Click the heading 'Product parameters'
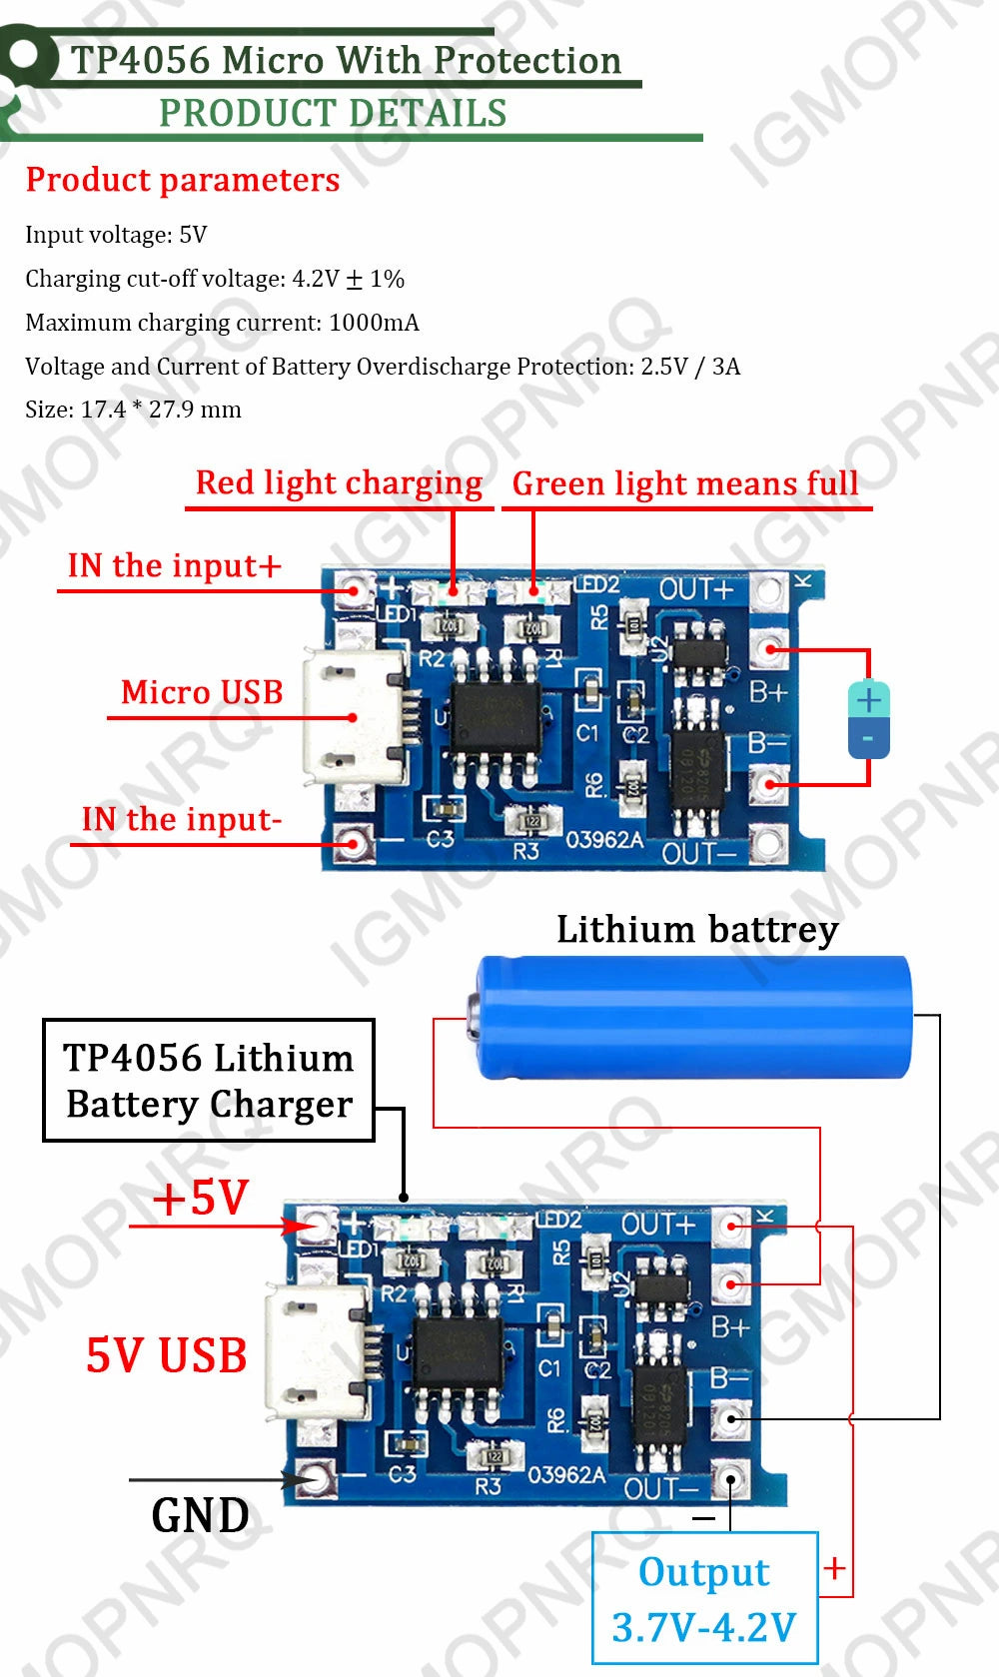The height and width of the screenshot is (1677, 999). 183,180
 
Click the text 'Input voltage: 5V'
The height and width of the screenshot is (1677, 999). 116,235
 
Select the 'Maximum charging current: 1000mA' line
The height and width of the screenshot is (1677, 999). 222,323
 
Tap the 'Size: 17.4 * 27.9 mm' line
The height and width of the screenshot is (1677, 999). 133,410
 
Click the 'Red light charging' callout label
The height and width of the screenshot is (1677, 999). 339,483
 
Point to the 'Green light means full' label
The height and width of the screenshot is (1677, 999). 685,484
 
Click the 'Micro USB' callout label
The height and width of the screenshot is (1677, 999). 202,692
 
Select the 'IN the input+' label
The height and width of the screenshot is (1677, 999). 174,566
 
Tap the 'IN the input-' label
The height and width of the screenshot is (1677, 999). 182,820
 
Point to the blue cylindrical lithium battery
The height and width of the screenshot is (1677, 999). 693,1017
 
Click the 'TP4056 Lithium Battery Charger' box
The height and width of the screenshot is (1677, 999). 209,1081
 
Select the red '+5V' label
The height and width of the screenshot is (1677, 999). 201,1198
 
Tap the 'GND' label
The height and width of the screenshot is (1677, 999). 200,1515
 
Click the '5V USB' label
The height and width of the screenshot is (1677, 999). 166,1355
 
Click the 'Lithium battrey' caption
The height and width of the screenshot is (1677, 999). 697,930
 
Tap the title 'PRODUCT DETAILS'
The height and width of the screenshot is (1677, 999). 333,114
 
